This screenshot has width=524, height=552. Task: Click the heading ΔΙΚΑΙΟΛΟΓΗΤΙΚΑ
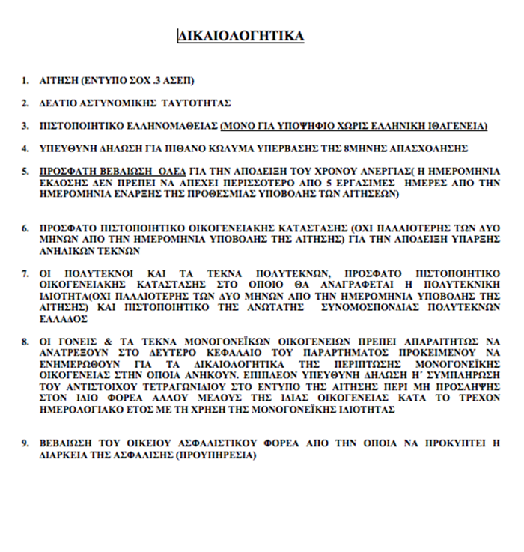(x=240, y=35)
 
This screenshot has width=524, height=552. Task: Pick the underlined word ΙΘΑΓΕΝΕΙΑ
(x=457, y=125)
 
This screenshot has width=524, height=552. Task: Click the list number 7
(x=25, y=274)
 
